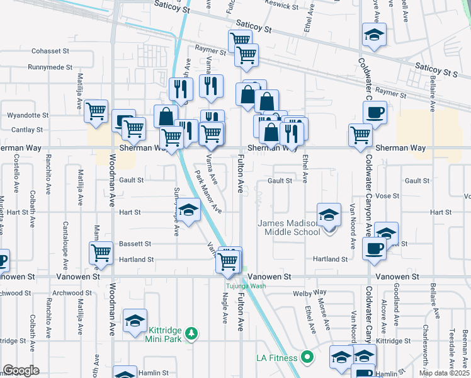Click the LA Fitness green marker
pos(307,358)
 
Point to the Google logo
pos(20,370)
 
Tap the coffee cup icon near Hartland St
pos(374,248)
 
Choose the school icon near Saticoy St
pos(374,36)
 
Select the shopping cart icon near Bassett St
pos(101,253)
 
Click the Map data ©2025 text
pos(443,373)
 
